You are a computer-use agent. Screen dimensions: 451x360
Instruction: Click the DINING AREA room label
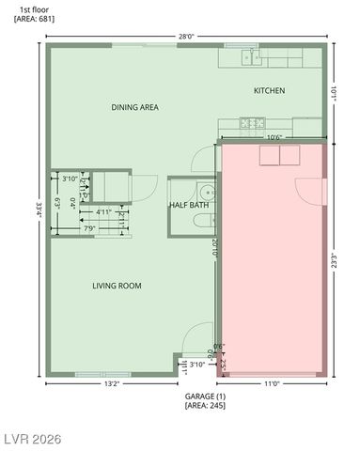[134, 107]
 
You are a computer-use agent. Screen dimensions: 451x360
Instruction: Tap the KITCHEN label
[269, 91]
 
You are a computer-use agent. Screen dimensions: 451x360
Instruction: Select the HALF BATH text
[188, 205]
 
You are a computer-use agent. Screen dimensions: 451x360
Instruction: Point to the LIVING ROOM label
[117, 286]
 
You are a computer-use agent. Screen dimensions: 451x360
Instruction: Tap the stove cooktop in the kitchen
[251, 122]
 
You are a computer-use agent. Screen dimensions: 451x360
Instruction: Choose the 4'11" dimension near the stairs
[105, 212]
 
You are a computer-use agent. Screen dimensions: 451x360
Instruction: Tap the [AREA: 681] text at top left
[25, 18]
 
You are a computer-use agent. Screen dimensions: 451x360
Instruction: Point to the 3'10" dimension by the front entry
[197, 365]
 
